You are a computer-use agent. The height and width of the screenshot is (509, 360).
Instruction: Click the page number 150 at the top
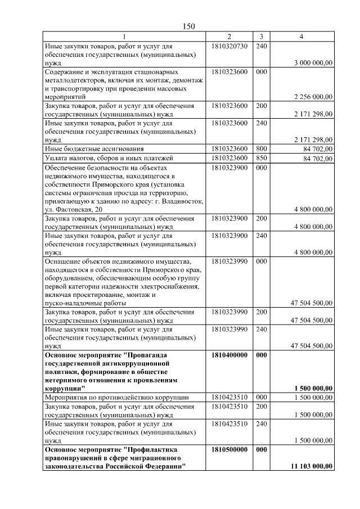(188, 26)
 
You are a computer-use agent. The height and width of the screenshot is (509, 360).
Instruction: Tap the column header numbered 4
(302, 37)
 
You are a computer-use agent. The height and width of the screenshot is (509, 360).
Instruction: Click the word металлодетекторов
(73, 80)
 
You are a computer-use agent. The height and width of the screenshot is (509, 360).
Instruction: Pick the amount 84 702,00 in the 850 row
(318, 158)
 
